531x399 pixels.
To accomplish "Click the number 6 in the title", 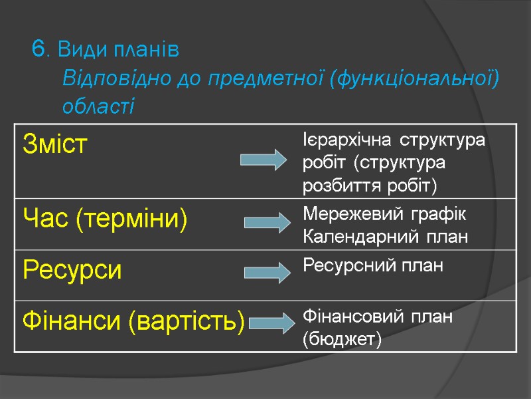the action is pyautogui.click(x=38, y=49).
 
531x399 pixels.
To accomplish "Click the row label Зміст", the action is pyautogui.click(x=55, y=144).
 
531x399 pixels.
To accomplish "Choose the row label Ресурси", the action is pyautogui.click(x=73, y=270).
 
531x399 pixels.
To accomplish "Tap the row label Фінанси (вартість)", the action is pyautogui.click(x=133, y=323).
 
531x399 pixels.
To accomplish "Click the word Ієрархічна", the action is pyautogui.click(x=339, y=141).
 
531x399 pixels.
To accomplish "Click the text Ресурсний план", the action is pyautogui.click(x=373, y=266).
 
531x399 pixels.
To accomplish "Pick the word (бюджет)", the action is pyautogui.click(x=342, y=340).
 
